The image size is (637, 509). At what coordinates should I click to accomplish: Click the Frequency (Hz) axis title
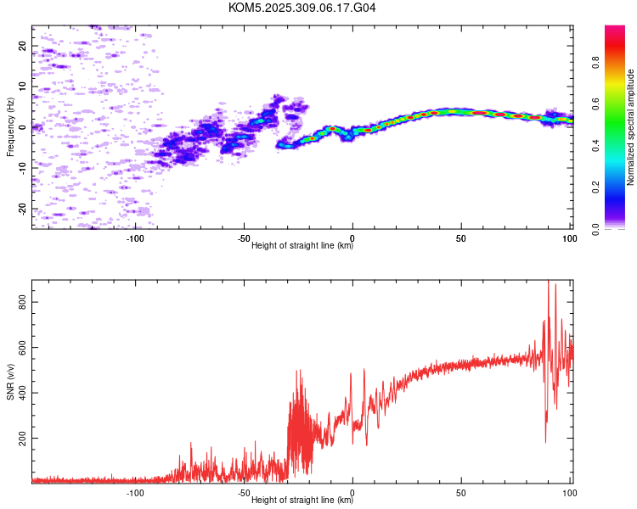[x=10, y=127]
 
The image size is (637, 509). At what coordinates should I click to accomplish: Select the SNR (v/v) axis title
[x=10, y=381]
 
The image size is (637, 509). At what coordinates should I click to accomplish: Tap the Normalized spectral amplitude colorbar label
[x=630, y=127]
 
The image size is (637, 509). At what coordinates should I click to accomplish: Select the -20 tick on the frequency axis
[x=22, y=209]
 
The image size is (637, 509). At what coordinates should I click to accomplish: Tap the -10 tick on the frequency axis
[x=22, y=168]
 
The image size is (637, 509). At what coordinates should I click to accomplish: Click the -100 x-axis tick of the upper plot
[x=135, y=238]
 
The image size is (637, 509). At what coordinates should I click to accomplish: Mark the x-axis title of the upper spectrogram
[x=302, y=246]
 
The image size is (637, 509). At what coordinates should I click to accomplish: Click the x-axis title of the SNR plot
[x=302, y=501]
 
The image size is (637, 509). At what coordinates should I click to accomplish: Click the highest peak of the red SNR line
[x=548, y=281]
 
